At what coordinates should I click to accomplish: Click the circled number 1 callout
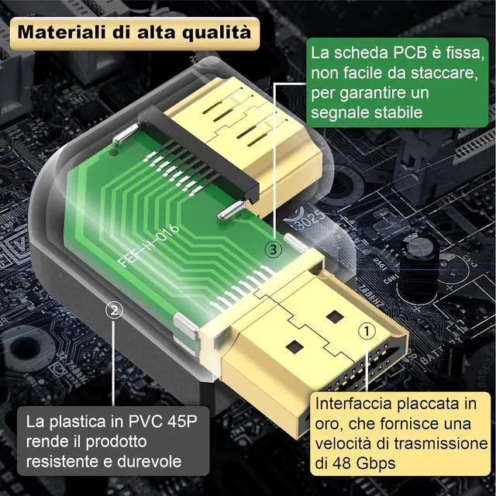(x=367, y=331)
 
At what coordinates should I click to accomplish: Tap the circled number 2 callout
(x=114, y=310)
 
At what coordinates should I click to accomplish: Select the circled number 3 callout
(x=274, y=250)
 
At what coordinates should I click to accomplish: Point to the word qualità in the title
(x=217, y=33)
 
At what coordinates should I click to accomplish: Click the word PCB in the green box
(x=410, y=53)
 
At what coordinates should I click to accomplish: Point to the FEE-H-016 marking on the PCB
(x=148, y=246)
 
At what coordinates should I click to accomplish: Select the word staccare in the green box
(x=444, y=73)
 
